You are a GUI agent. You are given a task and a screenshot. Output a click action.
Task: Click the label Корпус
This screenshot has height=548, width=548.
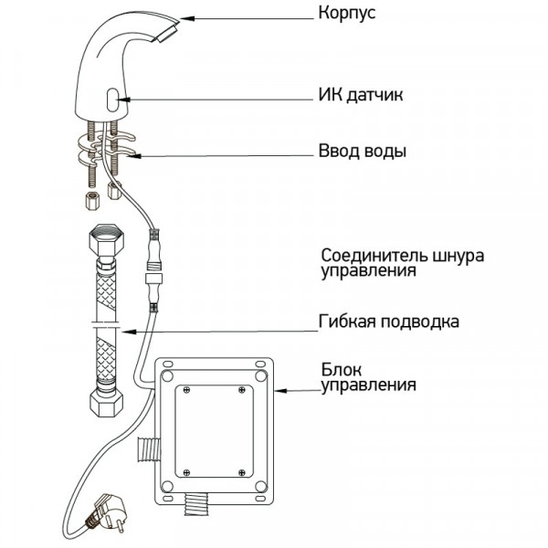click(348, 15)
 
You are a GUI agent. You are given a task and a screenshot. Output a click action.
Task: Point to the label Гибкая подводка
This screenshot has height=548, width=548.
click(389, 322)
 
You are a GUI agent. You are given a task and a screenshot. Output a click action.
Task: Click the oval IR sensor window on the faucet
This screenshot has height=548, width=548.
click(111, 99)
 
